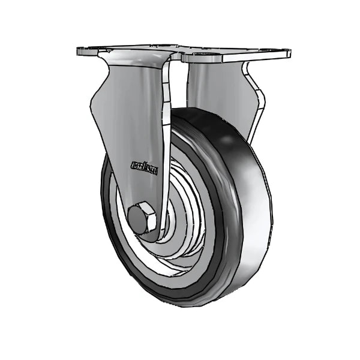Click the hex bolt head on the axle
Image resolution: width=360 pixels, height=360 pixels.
tap(142, 219)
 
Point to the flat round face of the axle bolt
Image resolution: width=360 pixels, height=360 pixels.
tap(139, 220)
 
